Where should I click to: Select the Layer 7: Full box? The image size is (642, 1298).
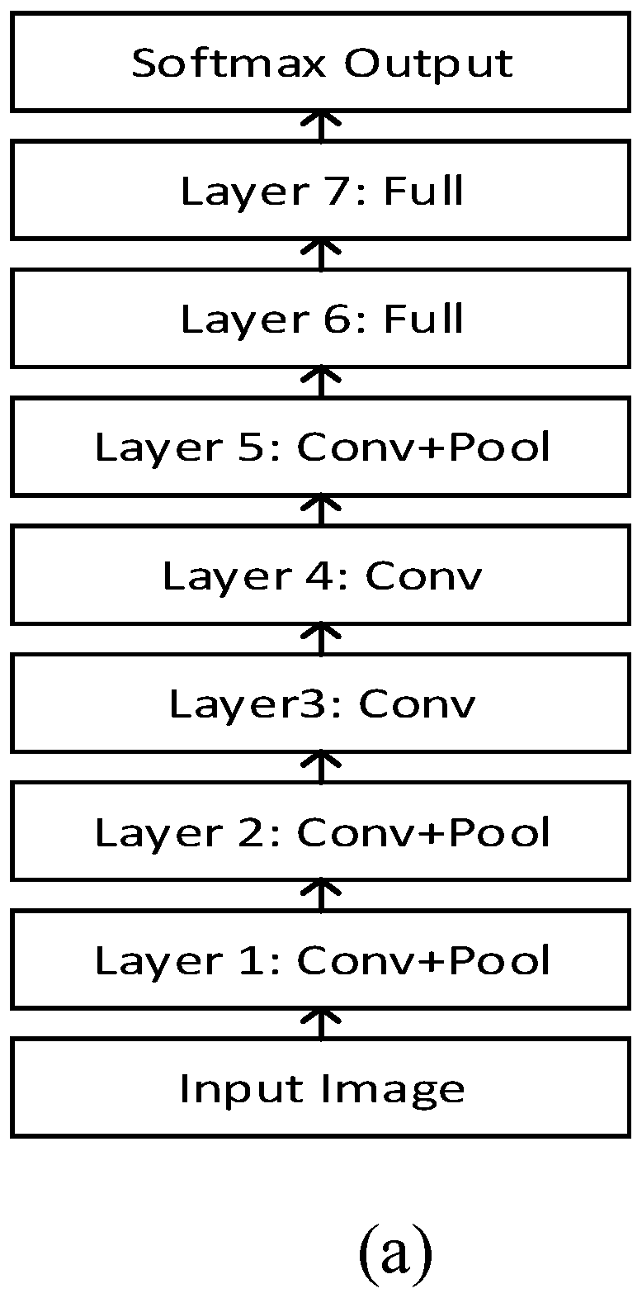point(321,192)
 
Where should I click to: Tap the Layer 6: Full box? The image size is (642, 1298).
point(321,320)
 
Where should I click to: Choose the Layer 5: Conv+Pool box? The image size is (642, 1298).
point(321,448)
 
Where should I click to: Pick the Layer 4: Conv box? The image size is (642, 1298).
point(321,576)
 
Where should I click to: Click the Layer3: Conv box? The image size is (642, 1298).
point(321,704)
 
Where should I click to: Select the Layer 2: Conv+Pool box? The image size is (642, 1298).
point(321,832)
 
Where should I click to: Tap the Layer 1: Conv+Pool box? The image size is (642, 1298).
point(321,960)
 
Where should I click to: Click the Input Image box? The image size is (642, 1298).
point(321,1088)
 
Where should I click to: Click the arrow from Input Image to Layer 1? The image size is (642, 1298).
point(322,1024)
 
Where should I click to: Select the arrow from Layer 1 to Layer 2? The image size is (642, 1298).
point(322,896)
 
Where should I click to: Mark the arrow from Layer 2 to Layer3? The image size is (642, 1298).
point(322,768)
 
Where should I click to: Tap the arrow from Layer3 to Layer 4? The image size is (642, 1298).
point(322,640)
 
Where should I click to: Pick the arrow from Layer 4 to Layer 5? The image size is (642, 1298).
point(322,512)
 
